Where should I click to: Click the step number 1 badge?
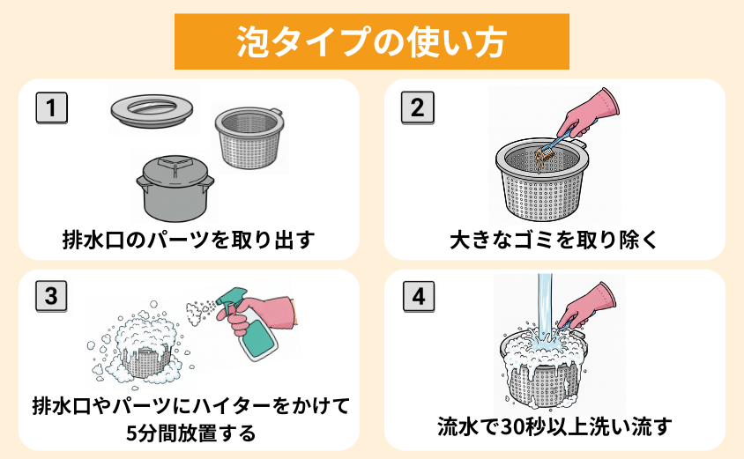point(52,108)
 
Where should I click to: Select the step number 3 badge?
point(52,297)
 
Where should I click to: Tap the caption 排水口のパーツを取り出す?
point(188,240)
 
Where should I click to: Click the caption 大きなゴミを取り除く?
point(554,240)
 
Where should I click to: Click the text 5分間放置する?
point(189,433)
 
